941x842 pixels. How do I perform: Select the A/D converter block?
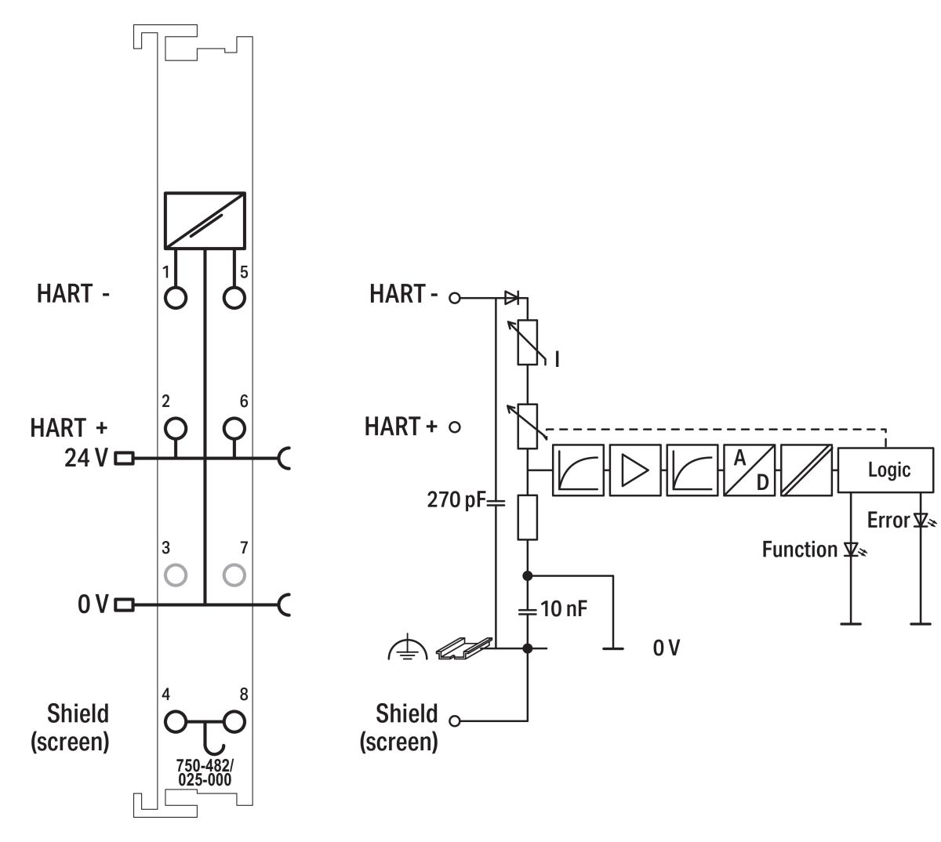[749, 470]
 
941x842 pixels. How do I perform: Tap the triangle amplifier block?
[634, 470]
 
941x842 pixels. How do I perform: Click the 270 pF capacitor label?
[456, 499]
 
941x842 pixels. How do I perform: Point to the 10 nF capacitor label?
[563, 608]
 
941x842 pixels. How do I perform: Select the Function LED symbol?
[852, 550]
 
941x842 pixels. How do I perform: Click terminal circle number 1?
[176, 298]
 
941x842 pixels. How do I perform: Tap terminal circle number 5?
[234, 298]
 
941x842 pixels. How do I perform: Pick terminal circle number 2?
[176, 428]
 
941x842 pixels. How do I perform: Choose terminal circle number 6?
[234, 428]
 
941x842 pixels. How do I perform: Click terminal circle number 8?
[234, 720]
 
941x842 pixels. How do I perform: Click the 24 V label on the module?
[86, 459]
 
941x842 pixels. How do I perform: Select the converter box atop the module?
[205, 219]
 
